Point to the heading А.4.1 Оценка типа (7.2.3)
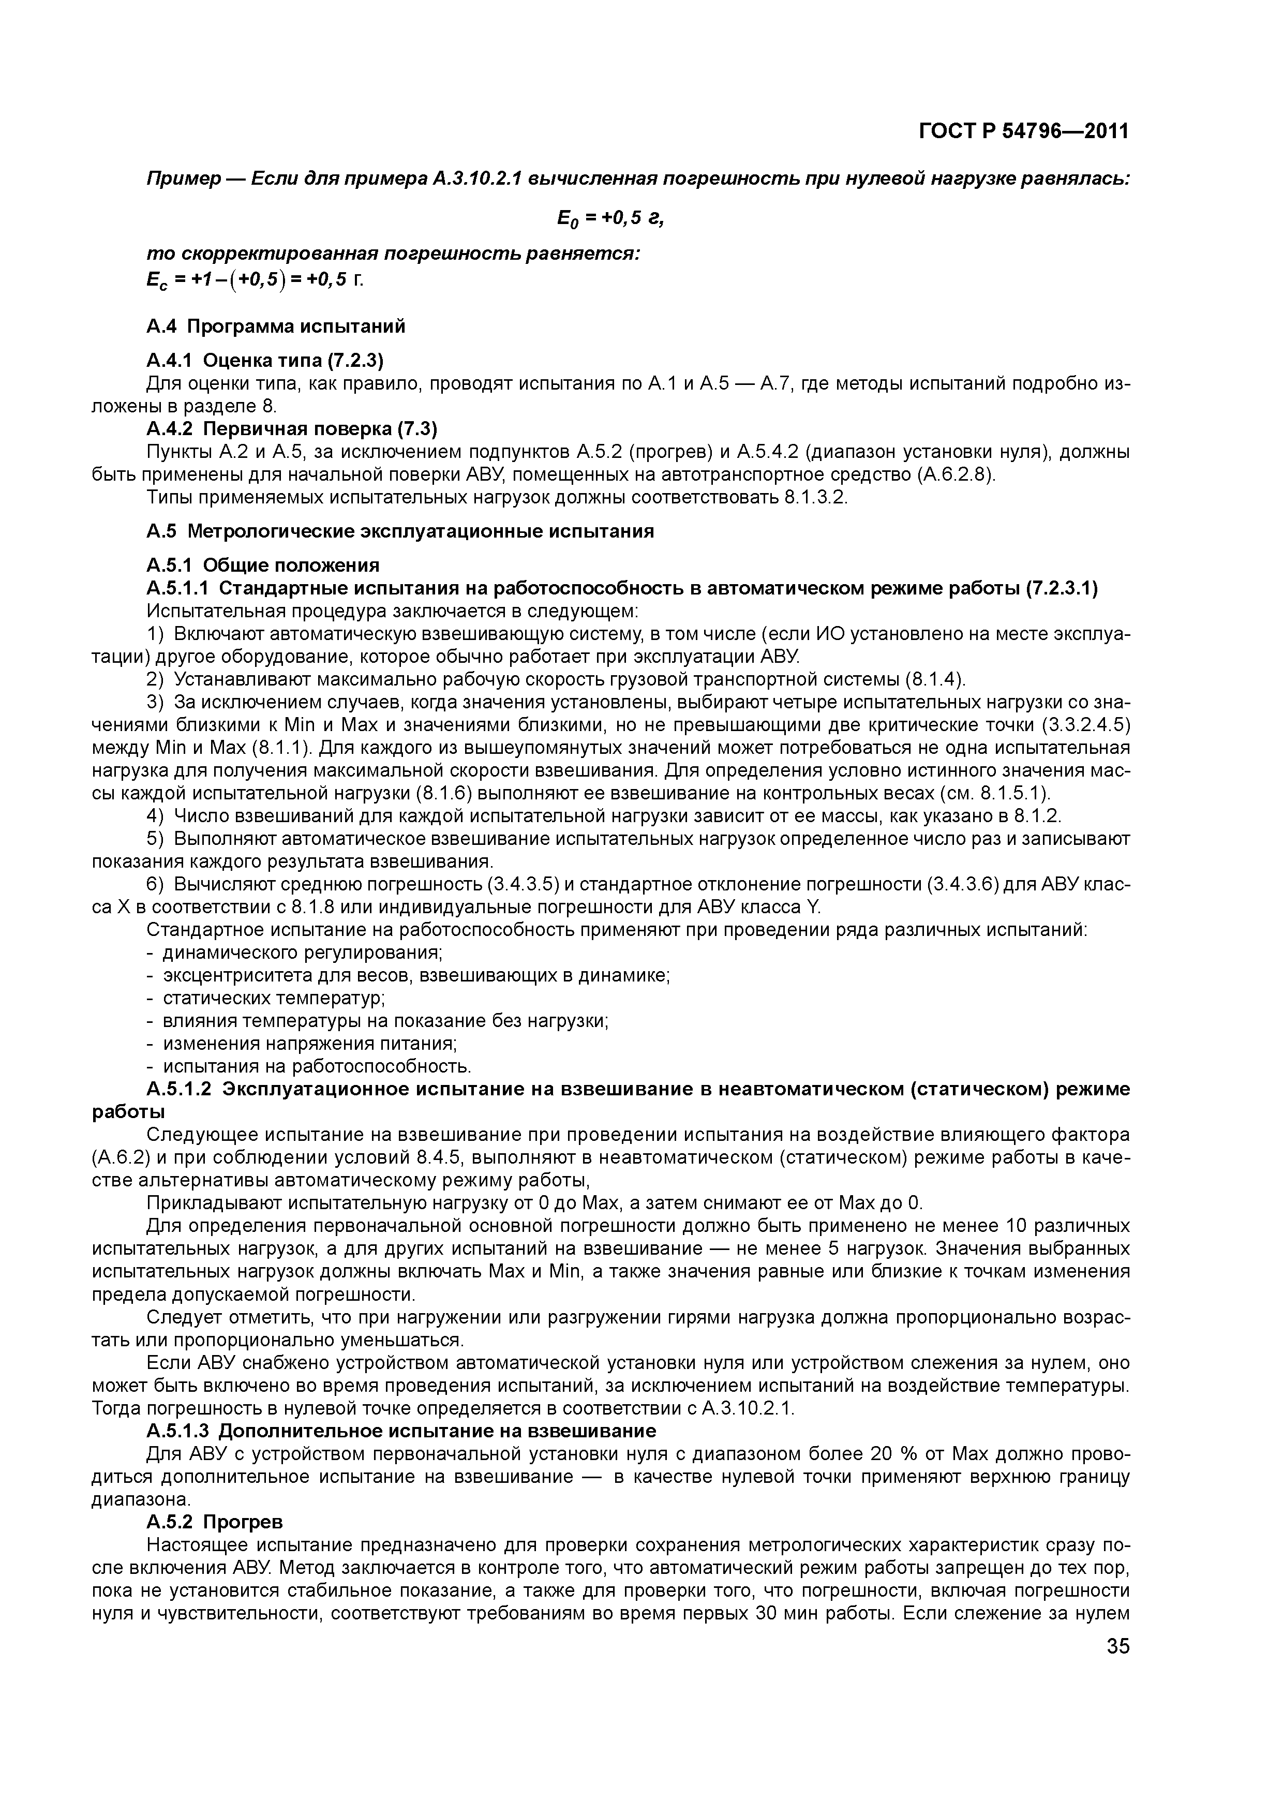[x=265, y=361]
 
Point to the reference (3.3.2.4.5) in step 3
[x=1084, y=724]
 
